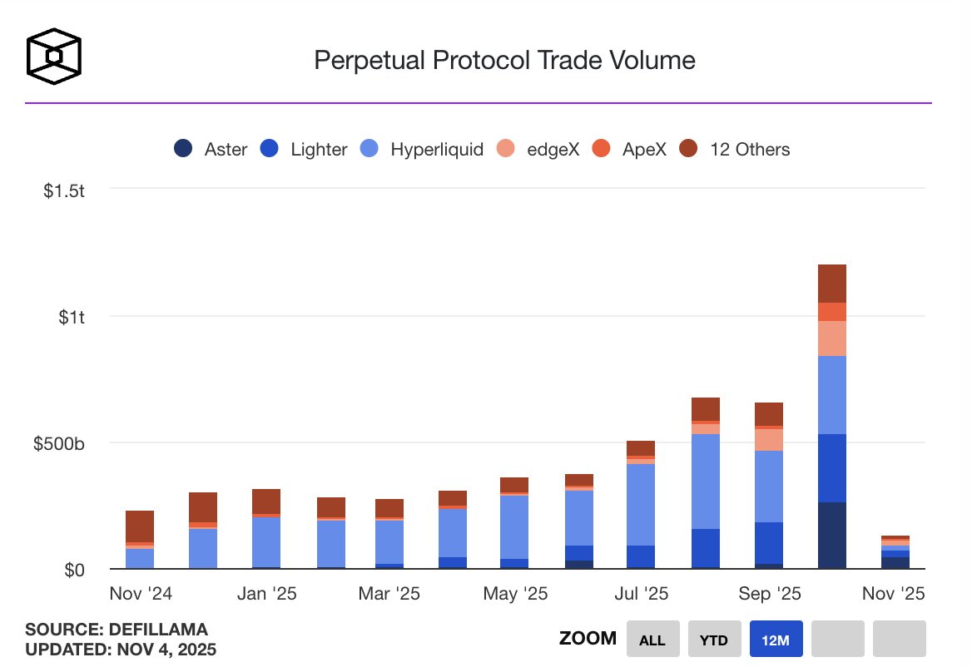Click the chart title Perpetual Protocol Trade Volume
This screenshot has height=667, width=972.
pyautogui.click(x=503, y=60)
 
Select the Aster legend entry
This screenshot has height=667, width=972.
pyautogui.click(x=211, y=150)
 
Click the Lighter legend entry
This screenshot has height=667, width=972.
pyautogui.click(x=306, y=150)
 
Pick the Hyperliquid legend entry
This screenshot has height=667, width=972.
pyautogui.click(x=423, y=150)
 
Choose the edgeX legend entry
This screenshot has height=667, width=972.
pyautogui.click(x=539, y=150)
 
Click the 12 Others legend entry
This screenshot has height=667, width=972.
pyautogui.click(x=734, y=150)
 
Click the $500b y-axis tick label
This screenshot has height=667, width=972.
pyautogui.click(x=59, y=443)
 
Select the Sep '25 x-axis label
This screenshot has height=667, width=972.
pyautogui.click(x=769, y=594)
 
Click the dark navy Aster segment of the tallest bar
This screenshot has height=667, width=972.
pyautogui.click(x=832, y=536)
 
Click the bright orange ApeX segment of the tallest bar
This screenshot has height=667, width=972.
pyautogui.click(x=832, y=312)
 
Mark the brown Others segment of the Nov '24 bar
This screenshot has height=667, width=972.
pyautogui.click(x=140, y=526)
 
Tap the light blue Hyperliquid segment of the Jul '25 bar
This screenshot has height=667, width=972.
pyautogui.click(x=641, y=504)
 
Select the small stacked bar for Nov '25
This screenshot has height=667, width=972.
pyautogui.click(x=895, y=552)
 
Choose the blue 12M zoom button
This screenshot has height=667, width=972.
pyautogui.click(x=776, y=640)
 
